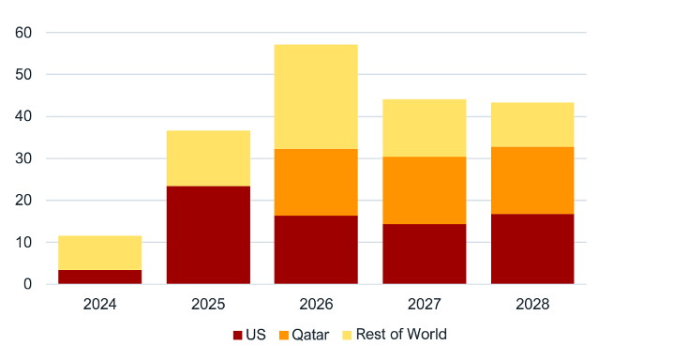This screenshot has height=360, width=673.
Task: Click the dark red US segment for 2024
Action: click(100, 277)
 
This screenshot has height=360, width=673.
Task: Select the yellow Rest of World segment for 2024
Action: click(100, 252)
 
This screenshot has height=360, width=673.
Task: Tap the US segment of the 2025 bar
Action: click(208, 234)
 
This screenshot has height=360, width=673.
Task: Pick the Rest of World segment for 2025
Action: click(208, 157)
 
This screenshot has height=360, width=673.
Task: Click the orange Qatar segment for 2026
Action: click(316, 182)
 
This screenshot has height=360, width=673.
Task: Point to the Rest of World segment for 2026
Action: click(316, 97)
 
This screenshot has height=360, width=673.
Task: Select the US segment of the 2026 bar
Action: click(316, 249)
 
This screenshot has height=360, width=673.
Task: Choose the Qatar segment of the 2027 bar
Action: click(424, 190)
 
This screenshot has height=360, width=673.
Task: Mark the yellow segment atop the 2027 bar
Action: click(424, 127)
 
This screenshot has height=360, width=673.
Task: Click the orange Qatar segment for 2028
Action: click(531, 180)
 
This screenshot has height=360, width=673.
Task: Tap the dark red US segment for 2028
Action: click(531, 248)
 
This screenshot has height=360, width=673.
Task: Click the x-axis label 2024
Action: click(100, 305)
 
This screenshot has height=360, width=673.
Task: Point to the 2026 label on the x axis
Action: click(316, 305)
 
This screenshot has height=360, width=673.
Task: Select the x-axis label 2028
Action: click(531, 305)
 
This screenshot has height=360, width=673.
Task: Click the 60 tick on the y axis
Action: click(24, 33)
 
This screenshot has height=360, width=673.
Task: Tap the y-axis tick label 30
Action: click(24, 158)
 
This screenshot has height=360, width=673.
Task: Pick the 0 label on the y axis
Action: click(28, 284)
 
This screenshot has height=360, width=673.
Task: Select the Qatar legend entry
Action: click(302, 335)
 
